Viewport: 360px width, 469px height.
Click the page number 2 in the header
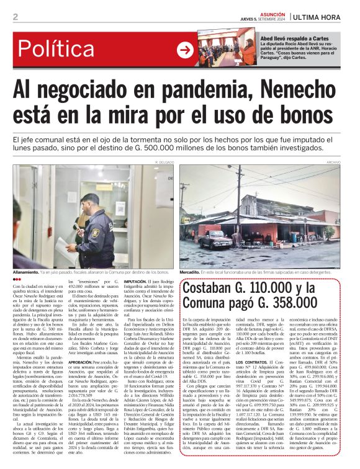(16, 17)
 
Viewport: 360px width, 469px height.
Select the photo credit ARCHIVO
(333, 161)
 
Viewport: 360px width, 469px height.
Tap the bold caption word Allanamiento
(30, 272)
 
